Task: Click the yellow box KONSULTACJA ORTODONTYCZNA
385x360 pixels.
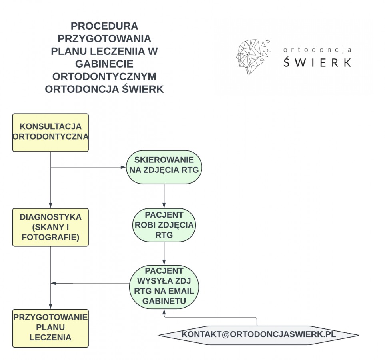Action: pyautogui.click(x=50, y=132)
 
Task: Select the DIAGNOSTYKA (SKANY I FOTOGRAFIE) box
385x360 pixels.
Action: pyautogui.click(x=50, y=227)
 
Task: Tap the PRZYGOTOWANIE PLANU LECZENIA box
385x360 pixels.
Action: pyautogui.click(x=50, y=328)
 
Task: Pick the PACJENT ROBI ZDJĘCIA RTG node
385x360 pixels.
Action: pyautogui.click(x=164, y=225)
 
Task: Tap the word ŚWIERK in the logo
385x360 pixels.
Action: pyautogui.click(x=317, y=62)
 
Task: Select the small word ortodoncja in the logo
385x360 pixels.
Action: pyautogui.click(x=317, y=50)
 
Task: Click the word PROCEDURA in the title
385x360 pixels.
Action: pyautogui.click(x=104, y=26)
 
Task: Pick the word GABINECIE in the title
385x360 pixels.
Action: pyautogui.click(x=104, y=64)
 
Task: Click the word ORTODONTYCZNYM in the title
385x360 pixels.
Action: pyautogui.click(x=104, y=76)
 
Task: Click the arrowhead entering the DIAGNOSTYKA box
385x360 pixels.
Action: pyautogui.click(x=51, y=206)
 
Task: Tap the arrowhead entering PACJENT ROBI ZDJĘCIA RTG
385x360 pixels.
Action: pyautogui.click(x=164, y=206)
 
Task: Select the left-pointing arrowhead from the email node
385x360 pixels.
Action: pyautogui.click(x=54, y=284)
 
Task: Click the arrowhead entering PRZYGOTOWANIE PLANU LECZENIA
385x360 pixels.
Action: pyautogui.click(x=51, y=306)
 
